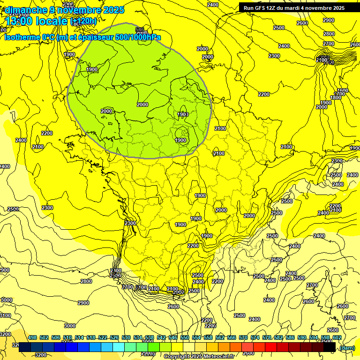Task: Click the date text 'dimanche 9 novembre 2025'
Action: click(64, 10)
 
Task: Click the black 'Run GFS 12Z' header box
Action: click(294, 7)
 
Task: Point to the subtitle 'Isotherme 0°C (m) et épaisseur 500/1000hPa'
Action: click(82, 37)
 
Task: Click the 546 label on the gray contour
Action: click(139, 30)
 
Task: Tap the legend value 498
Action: click(32, 337)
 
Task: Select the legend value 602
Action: click(337, 337)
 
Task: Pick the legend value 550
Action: click(185, 337)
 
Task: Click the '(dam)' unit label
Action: click(347, 347)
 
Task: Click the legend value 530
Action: click(126, 337)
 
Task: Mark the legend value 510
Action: click(67, 337)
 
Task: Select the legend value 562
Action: click(220, 337)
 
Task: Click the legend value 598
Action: click(325, 337)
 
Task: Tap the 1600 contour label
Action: click(343, 90)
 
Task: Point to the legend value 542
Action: click(161, 337)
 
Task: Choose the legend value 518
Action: click(91, 337)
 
